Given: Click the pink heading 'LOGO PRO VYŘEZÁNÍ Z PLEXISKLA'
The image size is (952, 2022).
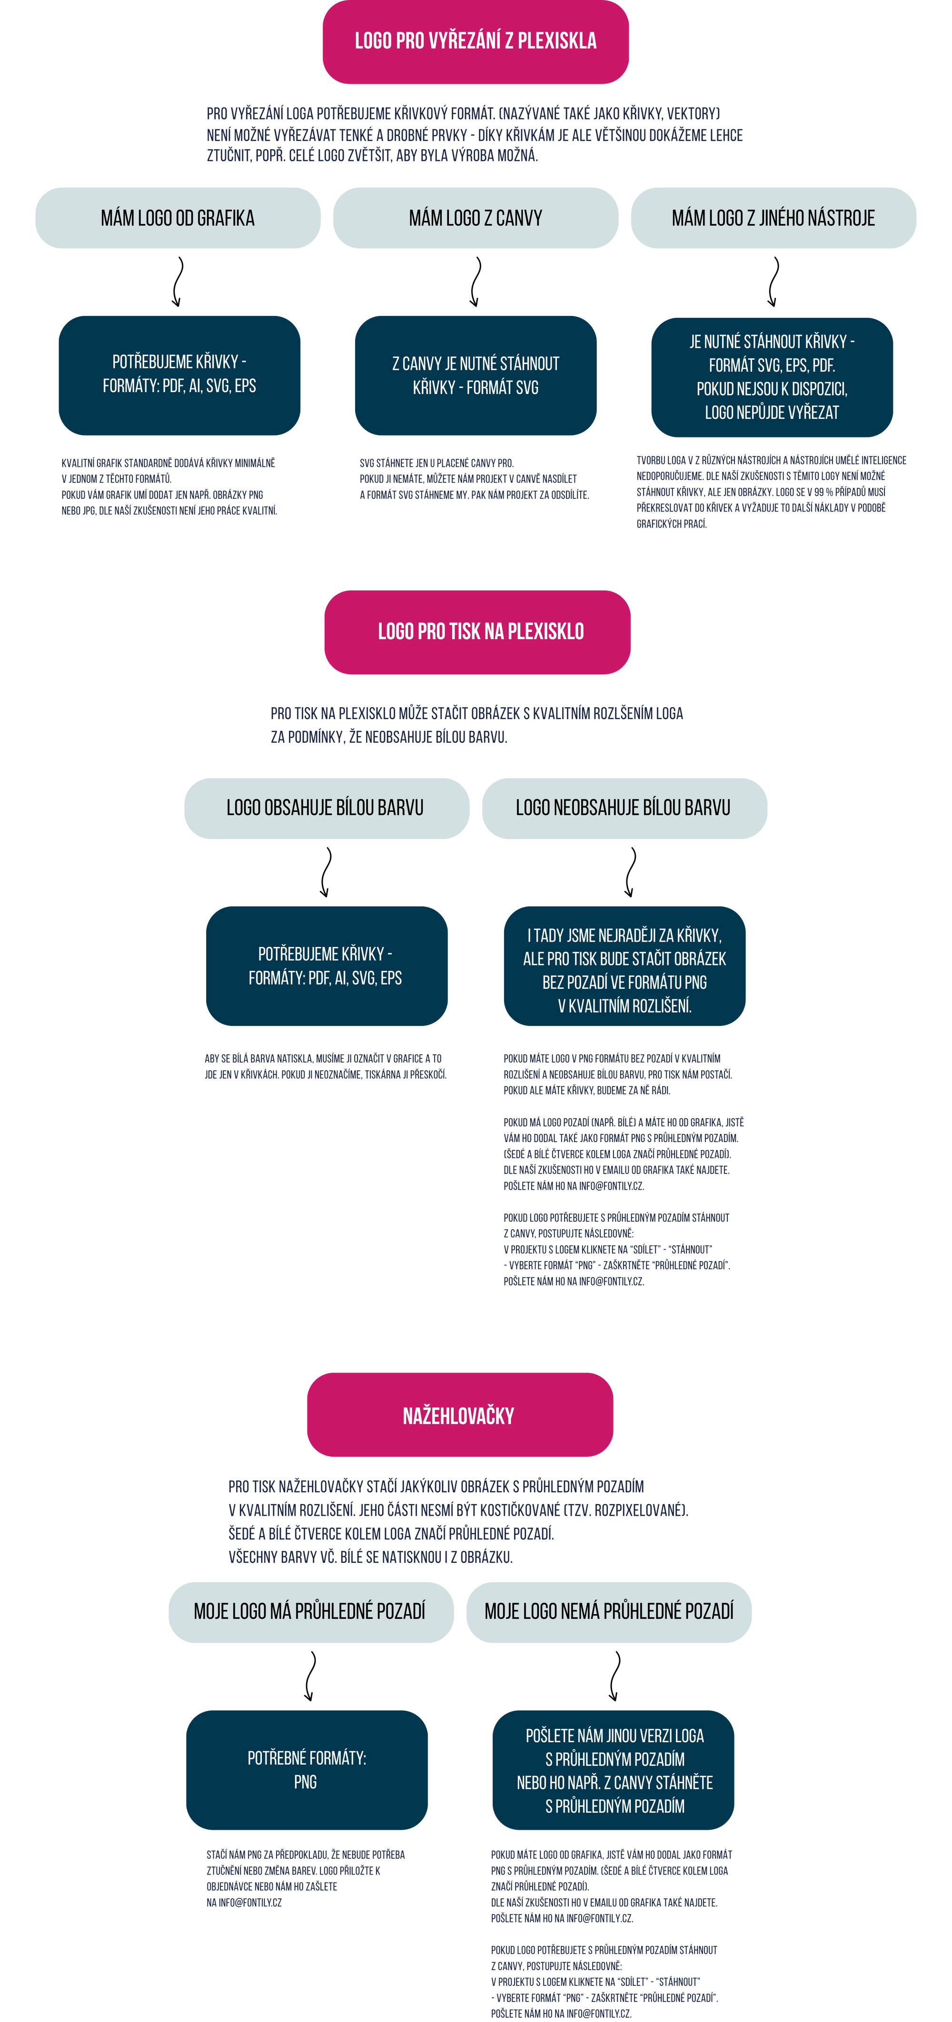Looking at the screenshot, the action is pos(476,41).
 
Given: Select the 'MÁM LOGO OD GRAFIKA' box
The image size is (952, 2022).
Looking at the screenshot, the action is pos(178,218).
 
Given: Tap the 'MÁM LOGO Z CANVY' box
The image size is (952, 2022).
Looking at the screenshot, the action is pos(476,218).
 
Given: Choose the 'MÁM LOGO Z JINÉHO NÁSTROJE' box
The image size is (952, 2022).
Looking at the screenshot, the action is pos(773,218).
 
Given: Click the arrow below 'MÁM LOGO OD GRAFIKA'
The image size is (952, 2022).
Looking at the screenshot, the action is pos(179,282).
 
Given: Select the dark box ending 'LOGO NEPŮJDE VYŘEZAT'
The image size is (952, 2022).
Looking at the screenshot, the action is pos(772,377).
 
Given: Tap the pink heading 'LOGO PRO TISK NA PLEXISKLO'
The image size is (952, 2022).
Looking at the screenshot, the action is pos(477,632).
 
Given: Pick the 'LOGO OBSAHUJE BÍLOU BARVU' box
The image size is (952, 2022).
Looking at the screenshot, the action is pos(327,809).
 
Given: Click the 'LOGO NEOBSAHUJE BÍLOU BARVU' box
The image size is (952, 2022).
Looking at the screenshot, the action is pos(625,809).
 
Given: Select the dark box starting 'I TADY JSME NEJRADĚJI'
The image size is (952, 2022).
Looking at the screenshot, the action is pos(625,966).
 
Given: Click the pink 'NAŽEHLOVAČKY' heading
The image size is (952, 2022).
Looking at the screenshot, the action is pos(460,1414).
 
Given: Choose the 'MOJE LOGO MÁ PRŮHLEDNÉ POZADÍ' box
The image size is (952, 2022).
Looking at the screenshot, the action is pos(311,1612).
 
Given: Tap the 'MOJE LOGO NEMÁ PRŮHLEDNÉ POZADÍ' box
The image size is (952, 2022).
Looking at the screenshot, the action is pos(609,1612).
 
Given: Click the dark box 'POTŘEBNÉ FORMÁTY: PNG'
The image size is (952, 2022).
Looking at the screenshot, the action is pos(307,1770).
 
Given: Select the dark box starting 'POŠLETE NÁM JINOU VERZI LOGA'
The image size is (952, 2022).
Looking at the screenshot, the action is pos(614,1770).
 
